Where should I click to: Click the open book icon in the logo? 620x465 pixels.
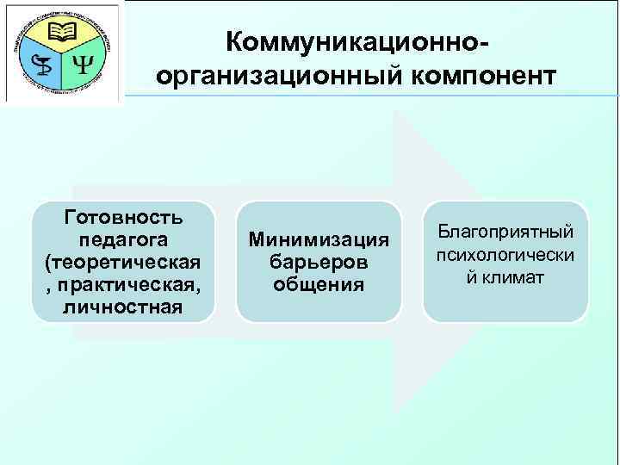(x=63, y=34)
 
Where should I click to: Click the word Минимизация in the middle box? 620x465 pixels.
(x=319, y=239)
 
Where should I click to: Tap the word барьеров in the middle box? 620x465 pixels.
(x=319, y=261)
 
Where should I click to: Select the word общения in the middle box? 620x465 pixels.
(x=319, y=283)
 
